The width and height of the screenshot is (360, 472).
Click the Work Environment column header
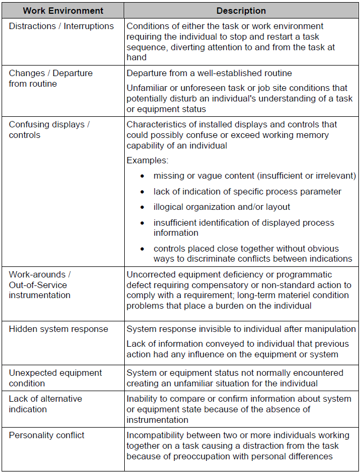coord(63,11)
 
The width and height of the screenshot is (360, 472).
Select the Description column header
coord(241,11)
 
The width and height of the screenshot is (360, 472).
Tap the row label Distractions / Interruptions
coord(61,26)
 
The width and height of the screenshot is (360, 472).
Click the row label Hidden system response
coord(58,329)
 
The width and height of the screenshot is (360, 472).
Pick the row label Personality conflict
coord(47,435)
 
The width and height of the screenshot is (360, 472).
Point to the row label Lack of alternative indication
coord(45,404)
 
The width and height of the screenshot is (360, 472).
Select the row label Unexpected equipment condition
coord(56,378)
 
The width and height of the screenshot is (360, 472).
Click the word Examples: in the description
coord(147,160)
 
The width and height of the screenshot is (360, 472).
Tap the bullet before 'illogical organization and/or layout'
coord(142,207)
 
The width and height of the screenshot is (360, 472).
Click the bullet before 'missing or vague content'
coord(142,176)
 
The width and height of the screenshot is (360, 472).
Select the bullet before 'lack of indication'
coord(142,192)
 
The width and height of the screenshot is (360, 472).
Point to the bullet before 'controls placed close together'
coord(142,249)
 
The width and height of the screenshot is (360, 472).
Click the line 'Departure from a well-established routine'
coord(209,73)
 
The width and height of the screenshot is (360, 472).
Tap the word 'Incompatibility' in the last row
coord(154,435)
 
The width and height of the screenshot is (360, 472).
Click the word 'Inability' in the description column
coord(142,399)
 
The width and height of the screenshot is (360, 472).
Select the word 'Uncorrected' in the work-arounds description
coord(150,274)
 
